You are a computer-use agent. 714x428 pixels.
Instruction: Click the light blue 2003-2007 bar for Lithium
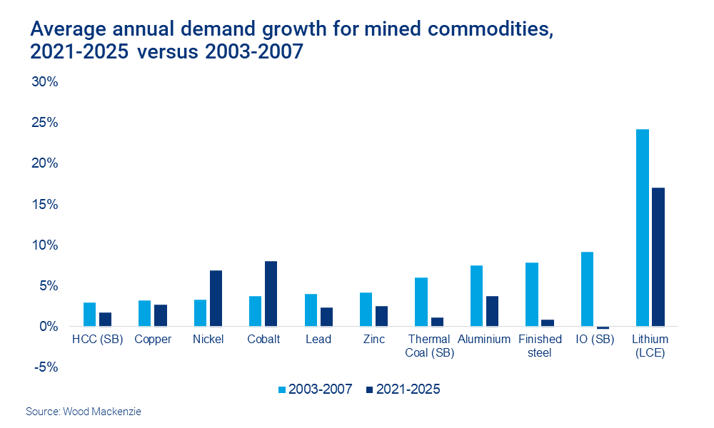coord(642,228)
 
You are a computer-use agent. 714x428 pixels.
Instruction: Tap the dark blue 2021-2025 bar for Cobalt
coord(271,294)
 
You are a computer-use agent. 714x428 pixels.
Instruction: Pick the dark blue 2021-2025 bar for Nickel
coord(216,298)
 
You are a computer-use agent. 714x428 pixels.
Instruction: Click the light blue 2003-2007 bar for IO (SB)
coord(587,289)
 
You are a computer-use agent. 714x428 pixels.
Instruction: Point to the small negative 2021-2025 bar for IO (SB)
coord(603,327)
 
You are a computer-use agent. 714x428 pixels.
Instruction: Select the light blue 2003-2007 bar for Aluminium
coord(476,296)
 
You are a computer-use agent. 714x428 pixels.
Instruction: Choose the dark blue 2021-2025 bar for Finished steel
coord(548,323)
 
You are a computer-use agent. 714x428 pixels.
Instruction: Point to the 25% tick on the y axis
coord(44,123)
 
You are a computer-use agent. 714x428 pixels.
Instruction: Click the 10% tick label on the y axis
coord(44,245)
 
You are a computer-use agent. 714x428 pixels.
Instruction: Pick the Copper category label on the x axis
coord(153,340)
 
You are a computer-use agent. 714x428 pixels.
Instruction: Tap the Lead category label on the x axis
coord(318,340)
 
